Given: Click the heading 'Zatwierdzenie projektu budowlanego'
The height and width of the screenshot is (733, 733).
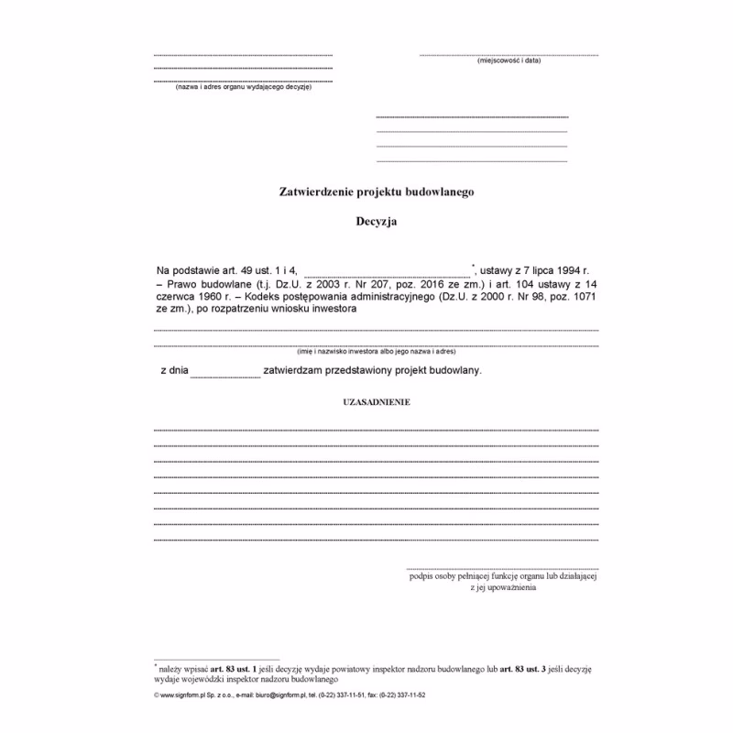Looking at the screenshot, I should tap(376, 192).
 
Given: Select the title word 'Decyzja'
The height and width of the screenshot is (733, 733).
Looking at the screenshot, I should tap(376, 221).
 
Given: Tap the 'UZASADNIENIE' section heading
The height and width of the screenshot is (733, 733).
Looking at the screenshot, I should tap(376, 402).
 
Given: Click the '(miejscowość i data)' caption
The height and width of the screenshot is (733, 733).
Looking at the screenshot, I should tap(509, 60).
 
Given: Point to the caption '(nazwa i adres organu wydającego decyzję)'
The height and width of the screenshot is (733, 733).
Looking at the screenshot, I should tap(244, 87).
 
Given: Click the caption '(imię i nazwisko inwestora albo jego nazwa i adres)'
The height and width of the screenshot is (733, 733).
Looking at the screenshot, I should tap(376, 352).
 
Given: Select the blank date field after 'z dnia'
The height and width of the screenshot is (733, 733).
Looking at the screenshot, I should tap(225, 372).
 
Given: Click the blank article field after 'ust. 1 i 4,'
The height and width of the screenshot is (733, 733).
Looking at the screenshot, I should tap(387, 270).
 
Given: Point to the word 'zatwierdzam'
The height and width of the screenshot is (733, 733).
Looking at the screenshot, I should tap(295, 370).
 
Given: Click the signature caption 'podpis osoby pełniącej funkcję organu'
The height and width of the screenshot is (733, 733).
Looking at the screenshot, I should tap(502, 576).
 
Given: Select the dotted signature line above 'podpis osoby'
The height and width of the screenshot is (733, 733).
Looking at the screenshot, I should tap(502, 567).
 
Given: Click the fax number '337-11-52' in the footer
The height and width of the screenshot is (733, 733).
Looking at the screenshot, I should tap(410, 695).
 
